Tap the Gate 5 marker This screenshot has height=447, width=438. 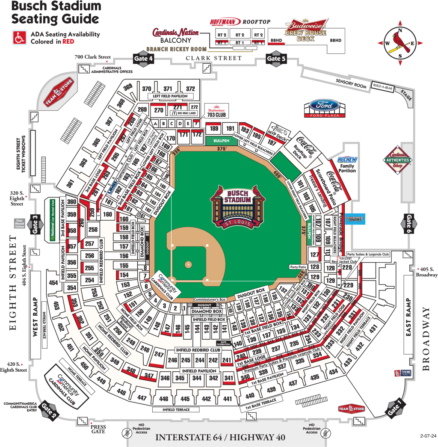pyautogui.click(x=274, y=59)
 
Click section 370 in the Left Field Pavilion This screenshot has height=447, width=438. pyautogui.click(x=147, y=89)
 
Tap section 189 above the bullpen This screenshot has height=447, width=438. pyautogui.click(x=215, y=128)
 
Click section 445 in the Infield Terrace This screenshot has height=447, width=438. pyautogui.click(x=185, y=399)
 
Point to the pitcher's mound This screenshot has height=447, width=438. pyautogui.click(x=189, y=264)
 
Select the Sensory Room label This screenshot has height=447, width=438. pyautogui.click(x=351, y=84)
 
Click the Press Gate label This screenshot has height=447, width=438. pyautogui.click(x=98, y=429)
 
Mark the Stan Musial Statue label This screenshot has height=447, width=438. pyautogui.click(x=19, y=223)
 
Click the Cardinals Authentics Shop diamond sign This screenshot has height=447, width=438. pyautogui.click(x=398, y=160)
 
